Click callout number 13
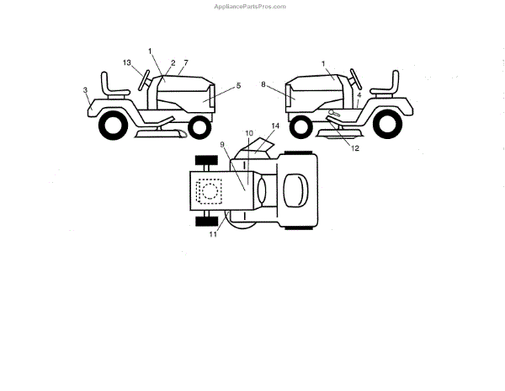[x=126, y=63]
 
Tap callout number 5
[x=238, y=85]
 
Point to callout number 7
[x=185, y=63]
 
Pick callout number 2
[x=173, y=63]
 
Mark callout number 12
[x=355, y=148]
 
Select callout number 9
[x=223, y=145]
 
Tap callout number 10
[x=248, y=133]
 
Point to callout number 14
[x=274, y=126]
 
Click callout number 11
[x=213, y=234]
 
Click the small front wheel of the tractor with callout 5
[x=199, y=127]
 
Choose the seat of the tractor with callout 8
[x=390, y=85]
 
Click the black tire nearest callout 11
[x=204, y=222]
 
